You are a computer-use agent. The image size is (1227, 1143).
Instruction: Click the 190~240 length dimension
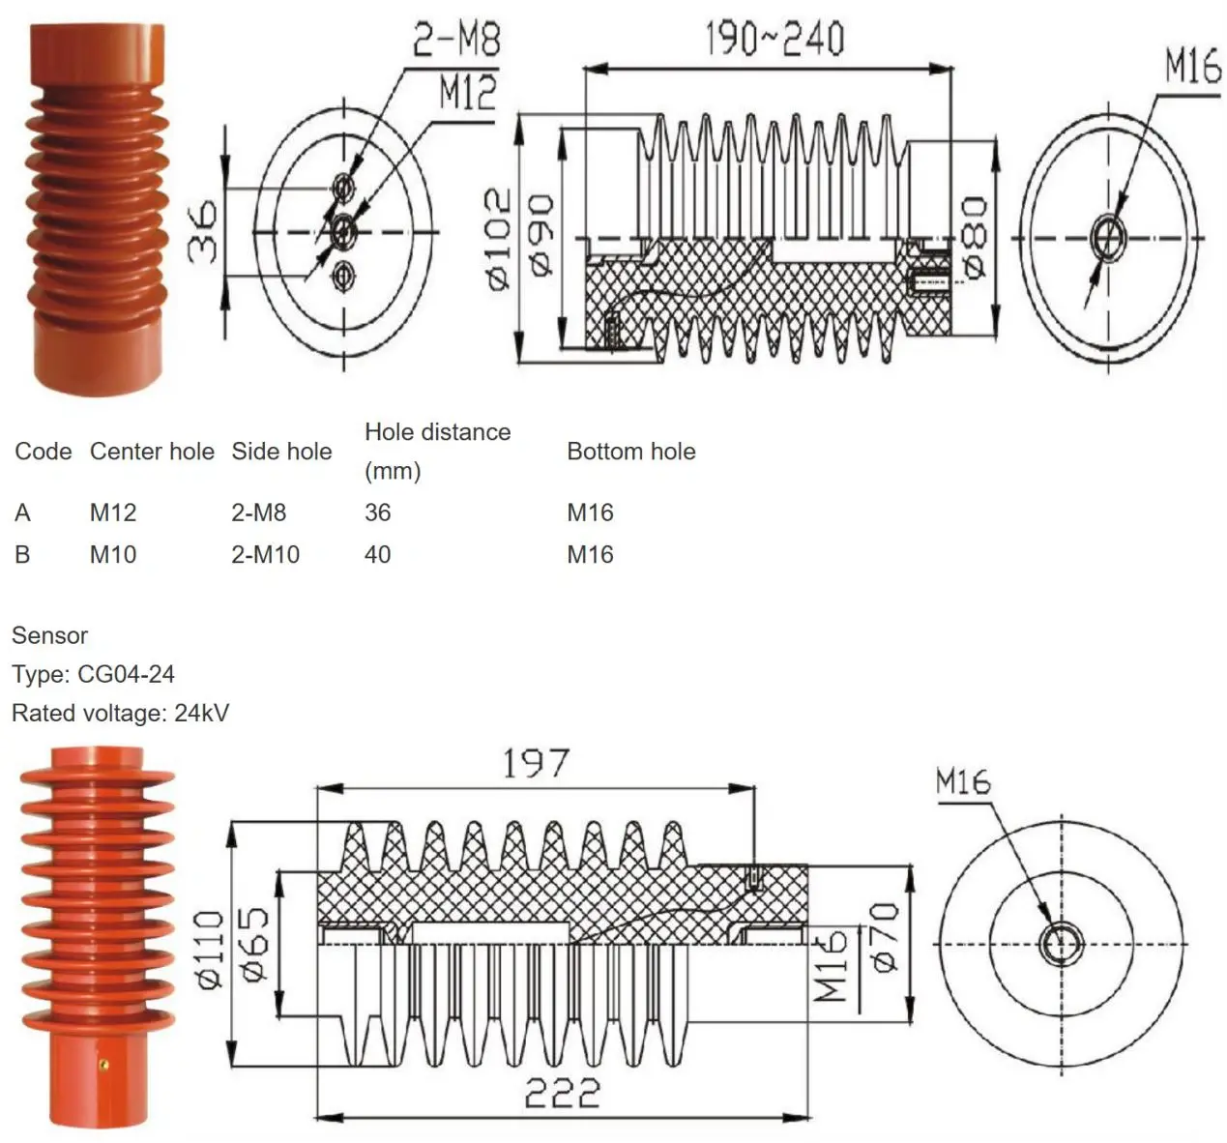[x=774, y=38]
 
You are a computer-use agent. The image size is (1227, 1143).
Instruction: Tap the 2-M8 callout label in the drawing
[x=456, y=40]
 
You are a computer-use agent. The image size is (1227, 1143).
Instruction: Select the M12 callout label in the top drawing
[x=467, y=93]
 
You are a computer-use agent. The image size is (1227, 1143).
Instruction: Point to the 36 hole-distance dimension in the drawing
[x=203, y=233]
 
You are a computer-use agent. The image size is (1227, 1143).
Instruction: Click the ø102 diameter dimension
[x=498, y=238]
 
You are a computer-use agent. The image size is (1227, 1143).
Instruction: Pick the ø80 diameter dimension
[x=974, y=238]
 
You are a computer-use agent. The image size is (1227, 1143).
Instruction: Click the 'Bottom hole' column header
[x=630, y=452]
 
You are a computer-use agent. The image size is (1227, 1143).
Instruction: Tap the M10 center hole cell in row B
[x=113, y=555]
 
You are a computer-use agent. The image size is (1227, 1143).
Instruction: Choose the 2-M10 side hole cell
[x=265, y=555]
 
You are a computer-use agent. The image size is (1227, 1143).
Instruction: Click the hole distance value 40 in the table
[x=377, y=555]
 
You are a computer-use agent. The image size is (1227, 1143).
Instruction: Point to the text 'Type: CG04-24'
[x=93, y=674]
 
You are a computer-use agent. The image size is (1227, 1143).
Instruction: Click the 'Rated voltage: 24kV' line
[x=120, y=714]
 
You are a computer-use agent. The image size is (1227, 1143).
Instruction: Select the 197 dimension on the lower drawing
[x=535, y=764]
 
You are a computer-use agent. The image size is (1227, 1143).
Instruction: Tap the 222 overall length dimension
[x=562, y=1094]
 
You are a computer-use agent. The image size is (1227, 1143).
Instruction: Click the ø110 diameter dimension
[x=210, y=949]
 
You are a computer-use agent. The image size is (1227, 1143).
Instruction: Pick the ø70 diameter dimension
[x=884, y=937]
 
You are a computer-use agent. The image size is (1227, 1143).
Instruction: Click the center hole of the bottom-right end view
[x=1061, y=943]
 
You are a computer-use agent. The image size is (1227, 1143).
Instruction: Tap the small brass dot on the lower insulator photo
[x=104, y=1065]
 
